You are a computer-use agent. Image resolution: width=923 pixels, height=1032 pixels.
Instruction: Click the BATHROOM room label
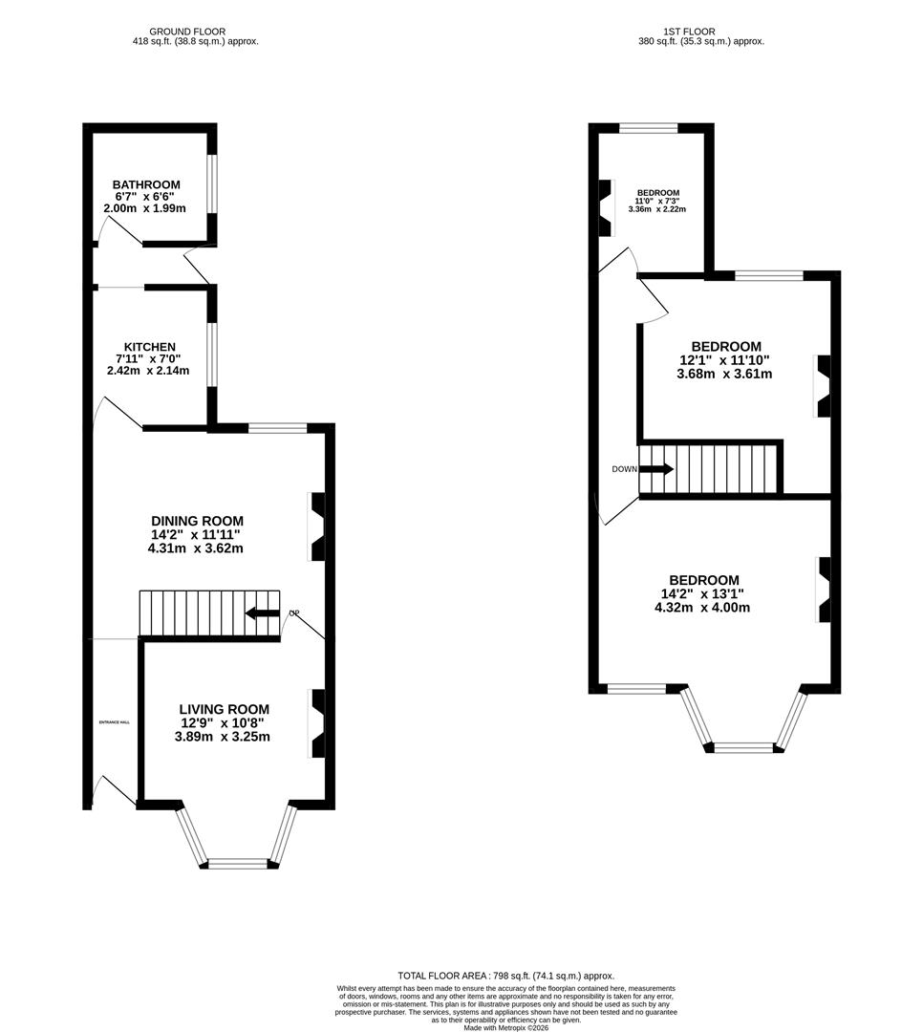click(146, 184)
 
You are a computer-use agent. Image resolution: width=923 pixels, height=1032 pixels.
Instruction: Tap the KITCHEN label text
click(150, 346)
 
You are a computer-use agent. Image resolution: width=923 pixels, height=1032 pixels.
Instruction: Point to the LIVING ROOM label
click(225, 709)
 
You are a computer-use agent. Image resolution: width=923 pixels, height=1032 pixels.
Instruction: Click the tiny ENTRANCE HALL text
click(114, 722)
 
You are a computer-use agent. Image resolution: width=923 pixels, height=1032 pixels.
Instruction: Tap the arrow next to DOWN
click(655, 469)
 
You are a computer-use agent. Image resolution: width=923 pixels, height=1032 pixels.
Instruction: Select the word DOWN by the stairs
click(624, 469)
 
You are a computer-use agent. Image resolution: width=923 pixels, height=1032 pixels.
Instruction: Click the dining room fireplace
click(316, 527)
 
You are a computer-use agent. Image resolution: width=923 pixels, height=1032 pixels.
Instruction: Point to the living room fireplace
click(316, 723)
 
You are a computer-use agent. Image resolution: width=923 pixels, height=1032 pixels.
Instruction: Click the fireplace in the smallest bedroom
click(605, 207)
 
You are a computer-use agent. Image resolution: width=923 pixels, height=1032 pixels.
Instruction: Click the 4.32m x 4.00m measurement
click(704, 607)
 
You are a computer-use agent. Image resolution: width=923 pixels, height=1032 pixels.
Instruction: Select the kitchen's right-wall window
click(212, 355)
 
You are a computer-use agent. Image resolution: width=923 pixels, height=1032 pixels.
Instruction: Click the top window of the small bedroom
click(648, 128)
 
